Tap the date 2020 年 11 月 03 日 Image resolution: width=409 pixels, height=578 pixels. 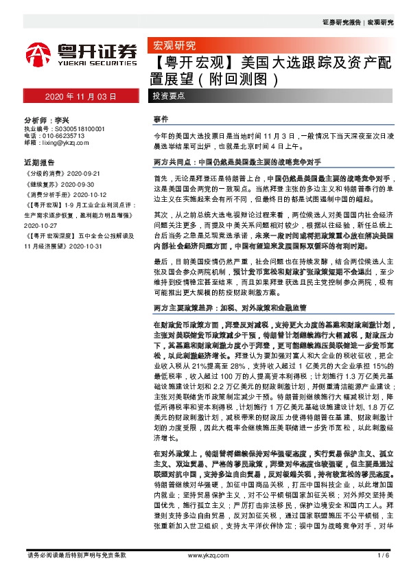(x=82, y=97)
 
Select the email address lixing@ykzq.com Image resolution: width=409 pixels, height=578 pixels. (x=64, y=143)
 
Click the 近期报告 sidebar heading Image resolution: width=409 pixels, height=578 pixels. (x=39, y=163)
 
